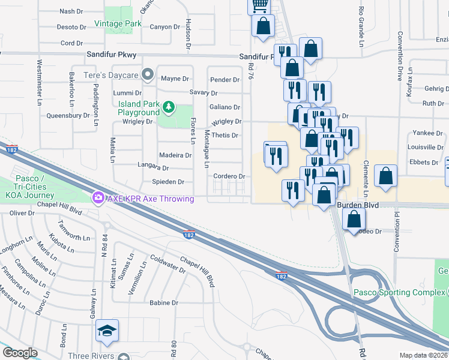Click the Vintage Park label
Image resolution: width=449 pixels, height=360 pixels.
pos(118,24)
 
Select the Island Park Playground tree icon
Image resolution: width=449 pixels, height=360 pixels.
pos(169,107)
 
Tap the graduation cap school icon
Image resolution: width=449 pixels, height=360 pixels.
pos(107,330)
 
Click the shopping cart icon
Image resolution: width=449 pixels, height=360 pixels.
pos(259,6)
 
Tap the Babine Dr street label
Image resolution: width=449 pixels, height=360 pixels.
pos(164,303)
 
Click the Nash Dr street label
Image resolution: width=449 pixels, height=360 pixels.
pos(71,11)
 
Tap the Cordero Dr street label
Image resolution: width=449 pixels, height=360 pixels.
pos(230,176)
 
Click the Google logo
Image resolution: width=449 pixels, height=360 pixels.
pos(19,353)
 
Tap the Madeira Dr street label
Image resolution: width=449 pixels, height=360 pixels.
pos(175,155)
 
